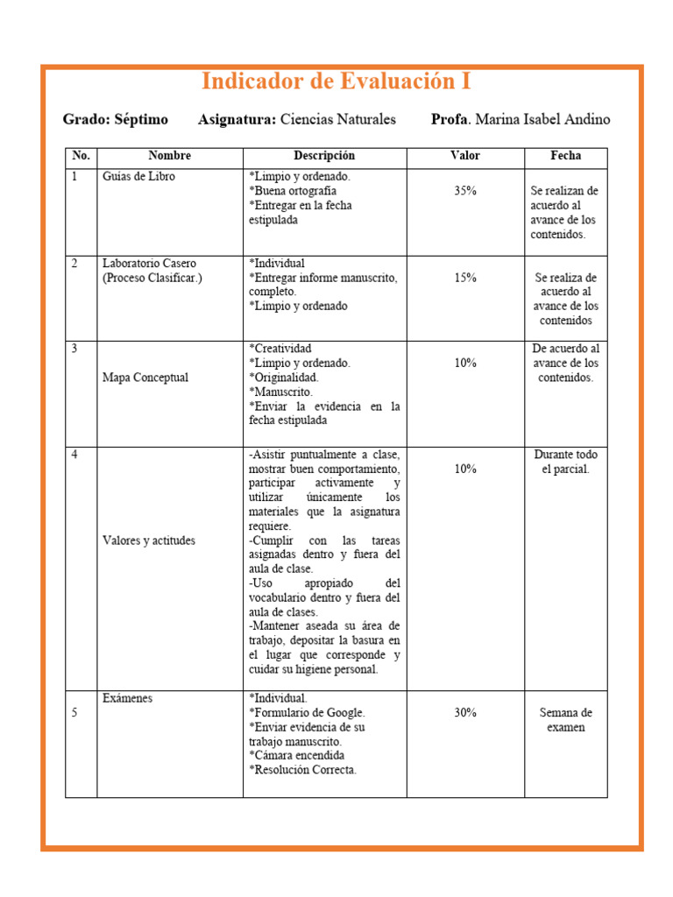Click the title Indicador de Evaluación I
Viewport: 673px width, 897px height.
click(336, 81)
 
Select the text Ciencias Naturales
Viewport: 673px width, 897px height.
click(337, 119)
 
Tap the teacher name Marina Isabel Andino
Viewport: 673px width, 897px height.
click(542, 119)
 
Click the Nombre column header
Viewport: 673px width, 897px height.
click(169, 156)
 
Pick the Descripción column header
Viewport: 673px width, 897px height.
click(324, 156)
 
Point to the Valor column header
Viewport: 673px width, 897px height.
click(465, 156)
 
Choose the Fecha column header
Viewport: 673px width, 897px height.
click(565, 156)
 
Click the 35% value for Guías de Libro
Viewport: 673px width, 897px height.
click(465, 191)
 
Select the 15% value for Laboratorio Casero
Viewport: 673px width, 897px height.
click(465, 278)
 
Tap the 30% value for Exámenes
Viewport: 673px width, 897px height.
click(465, 713)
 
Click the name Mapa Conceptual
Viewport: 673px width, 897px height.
click(145, 378)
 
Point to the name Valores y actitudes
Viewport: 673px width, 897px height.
click(149, 540)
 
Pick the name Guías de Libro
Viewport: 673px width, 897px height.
click(138, 176)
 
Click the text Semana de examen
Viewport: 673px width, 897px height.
click(565, 720)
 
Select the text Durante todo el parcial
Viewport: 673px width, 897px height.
click(565, 462)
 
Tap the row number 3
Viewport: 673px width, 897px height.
click(74, 349)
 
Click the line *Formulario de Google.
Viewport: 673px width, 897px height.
click(307, 713)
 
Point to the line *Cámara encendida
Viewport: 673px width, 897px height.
click(296, 755)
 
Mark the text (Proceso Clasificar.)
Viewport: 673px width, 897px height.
click(152, 278)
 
